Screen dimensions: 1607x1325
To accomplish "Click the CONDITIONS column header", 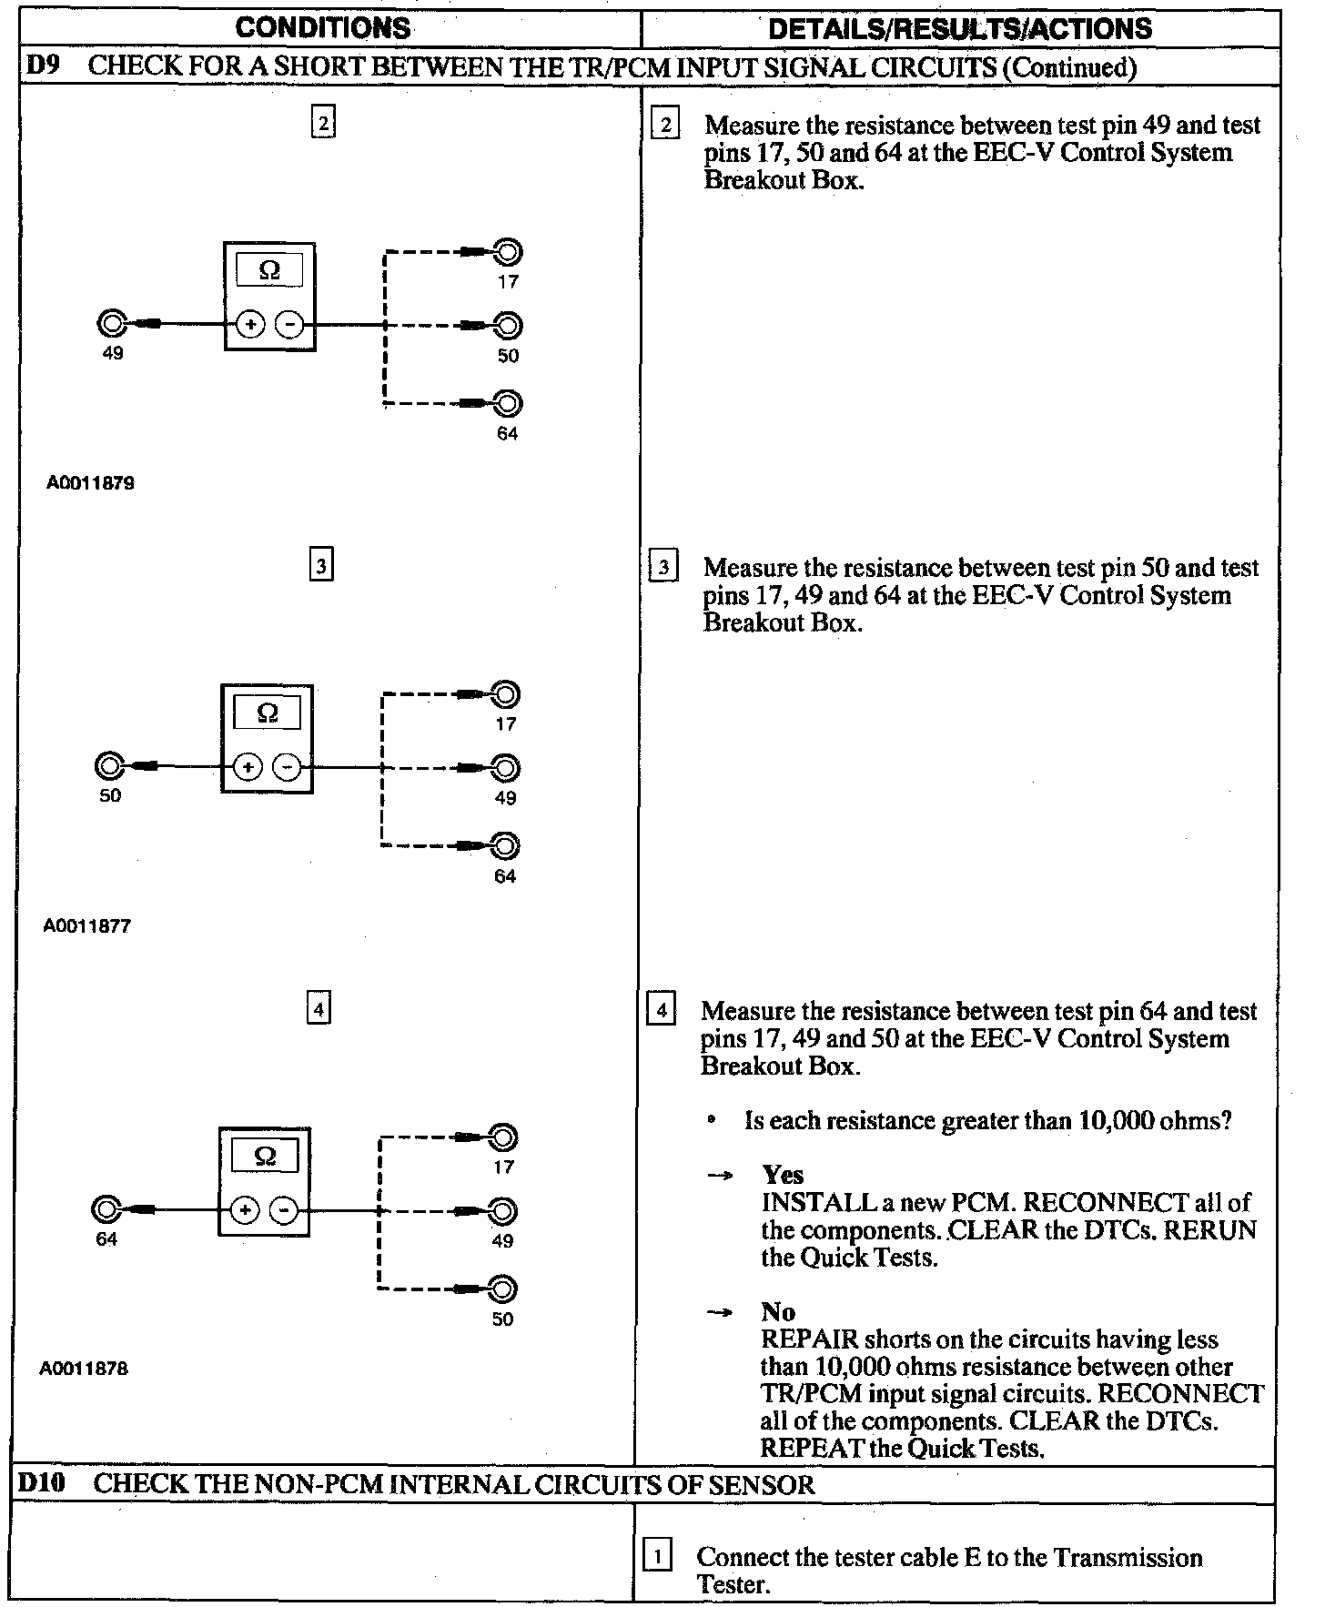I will pyautogui.click(x=323, y=27).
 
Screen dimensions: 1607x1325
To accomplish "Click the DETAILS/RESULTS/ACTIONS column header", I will pyautogui.click(x=960, y=28).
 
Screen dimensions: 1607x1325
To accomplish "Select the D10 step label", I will pyautogui.click(x=43, y=1483).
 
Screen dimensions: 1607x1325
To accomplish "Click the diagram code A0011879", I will pyautogui.click(x=90, y=483).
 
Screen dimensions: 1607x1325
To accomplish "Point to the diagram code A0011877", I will pyautogui.click(x=87, y=926).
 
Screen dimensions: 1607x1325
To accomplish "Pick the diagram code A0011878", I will pyautogui.click(x=85, y=1369).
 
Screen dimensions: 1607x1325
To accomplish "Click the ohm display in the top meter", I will pyautogui.click(x=269, y=270).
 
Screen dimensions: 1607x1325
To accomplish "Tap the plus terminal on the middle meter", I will pyautogui.click(x=248, y=767).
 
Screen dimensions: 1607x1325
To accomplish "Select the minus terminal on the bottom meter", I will pyautogui.click(x=284, y=1210).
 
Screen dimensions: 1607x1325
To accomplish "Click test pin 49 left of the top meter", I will pyautogui.click(x=112, y=323).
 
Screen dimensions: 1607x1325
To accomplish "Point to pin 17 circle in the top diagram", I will pyautogui.click(x=508, y=251).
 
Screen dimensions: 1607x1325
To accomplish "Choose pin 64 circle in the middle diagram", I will pyautogui.click(x=505, y=846).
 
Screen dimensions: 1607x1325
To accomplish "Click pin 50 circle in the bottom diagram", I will pyautogui.click(x=502, y=1289).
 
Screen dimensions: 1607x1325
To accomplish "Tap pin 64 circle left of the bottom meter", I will pyautogui.click(x=106, y=1209).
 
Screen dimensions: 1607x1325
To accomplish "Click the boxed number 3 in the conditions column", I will pyautogui.click(x=321, y=565).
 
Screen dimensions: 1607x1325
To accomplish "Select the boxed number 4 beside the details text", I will pyautogui.click(x=662, y=1010).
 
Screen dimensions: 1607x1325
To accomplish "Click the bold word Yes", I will pyautogui.click(x=783, y=1175).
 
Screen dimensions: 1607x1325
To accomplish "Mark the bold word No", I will pyautogui.click(x=778, y=1312).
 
